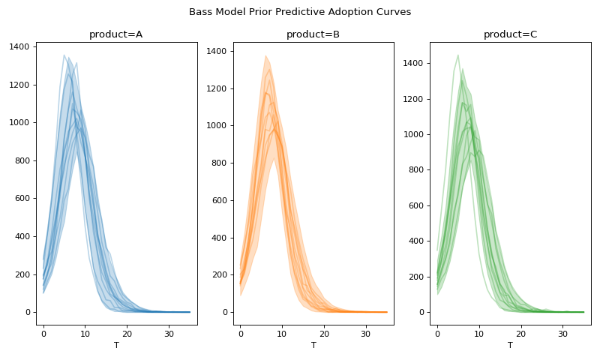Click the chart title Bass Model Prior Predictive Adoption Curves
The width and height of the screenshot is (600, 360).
point(300,12)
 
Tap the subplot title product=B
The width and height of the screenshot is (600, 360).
point(313,34)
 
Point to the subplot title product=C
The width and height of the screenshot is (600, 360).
point(510,34)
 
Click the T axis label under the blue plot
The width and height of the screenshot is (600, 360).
point(116,345)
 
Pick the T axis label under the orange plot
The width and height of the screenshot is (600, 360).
point(313,345)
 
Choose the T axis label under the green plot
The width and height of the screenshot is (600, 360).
point(510,345)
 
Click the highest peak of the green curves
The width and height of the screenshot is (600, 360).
point(458,55)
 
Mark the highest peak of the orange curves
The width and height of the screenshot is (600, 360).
point(265,55)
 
